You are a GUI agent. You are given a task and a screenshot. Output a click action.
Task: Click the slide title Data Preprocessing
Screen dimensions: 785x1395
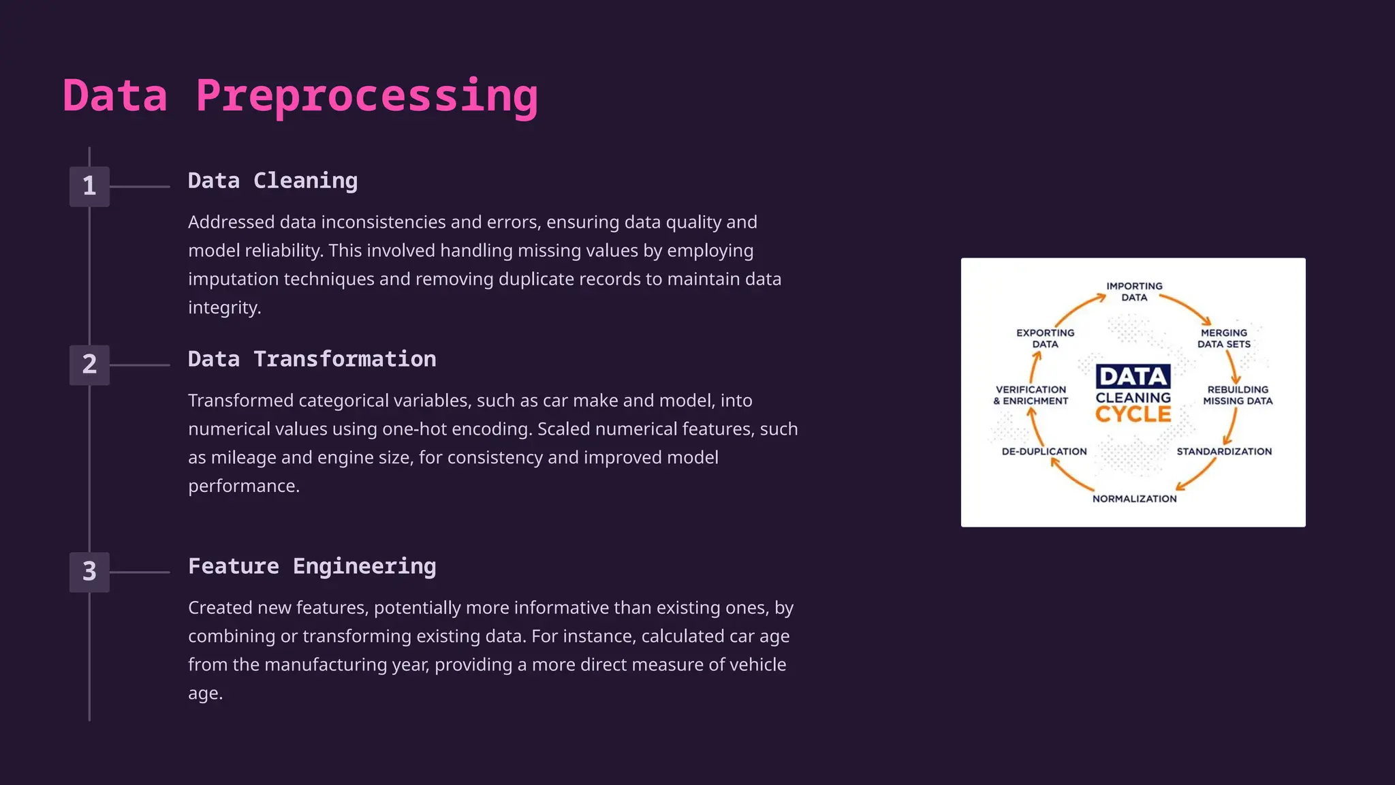(300, 95)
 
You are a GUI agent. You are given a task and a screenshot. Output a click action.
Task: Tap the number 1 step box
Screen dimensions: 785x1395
(89, 186)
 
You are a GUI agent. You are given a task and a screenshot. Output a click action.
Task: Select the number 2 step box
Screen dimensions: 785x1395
(89, 365)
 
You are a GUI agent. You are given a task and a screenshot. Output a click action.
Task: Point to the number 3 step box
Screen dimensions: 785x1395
(89, 572)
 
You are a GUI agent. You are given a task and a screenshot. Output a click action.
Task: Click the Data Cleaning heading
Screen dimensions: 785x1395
(272, 181)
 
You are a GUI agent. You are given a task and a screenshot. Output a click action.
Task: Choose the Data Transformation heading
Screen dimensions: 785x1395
(312, 359)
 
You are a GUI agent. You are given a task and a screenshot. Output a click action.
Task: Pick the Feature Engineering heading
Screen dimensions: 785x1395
(312, 566)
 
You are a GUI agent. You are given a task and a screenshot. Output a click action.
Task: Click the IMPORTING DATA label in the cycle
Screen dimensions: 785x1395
(1134, 292)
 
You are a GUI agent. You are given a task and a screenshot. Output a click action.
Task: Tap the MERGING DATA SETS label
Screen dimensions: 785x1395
(1224, 338)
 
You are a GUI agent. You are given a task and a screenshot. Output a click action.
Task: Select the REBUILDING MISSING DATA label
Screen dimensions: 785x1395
(1238, 395)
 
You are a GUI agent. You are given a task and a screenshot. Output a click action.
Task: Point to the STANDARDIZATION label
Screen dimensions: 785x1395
(1224, 451)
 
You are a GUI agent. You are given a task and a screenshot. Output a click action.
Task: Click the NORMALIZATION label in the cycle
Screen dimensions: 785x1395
(1134, 499)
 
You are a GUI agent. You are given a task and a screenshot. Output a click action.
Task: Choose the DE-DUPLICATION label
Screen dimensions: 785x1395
(1044, 451)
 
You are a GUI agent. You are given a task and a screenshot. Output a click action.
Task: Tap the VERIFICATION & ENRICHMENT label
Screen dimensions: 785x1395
(1031, 395)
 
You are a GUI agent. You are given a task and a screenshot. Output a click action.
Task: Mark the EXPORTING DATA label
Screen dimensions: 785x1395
(1045, 338)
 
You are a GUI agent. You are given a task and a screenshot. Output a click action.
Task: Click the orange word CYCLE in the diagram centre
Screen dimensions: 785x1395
(1133, 414)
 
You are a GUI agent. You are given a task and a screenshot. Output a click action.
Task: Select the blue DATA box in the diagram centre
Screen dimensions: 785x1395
(1133, 376)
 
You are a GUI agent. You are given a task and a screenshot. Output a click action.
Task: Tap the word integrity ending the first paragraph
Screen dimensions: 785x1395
(223, 308)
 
